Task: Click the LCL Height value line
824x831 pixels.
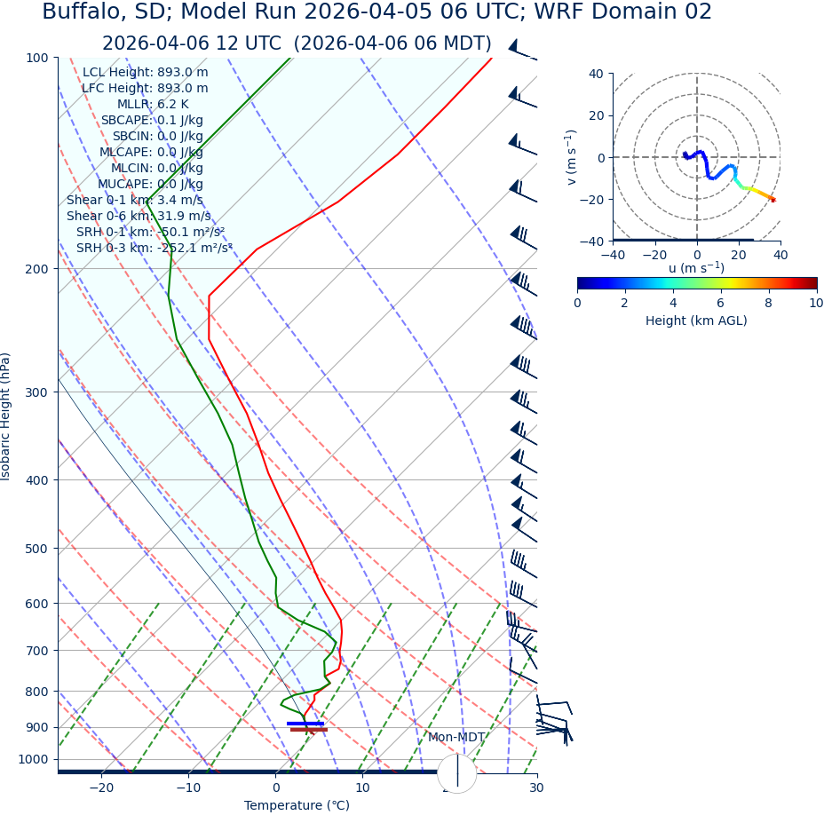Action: pyautogui.click(x=146, y=73)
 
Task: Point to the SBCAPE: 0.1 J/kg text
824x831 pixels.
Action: pyautogui.click(x=152, y=121)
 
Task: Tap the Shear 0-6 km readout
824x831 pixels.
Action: pyautogui.click(x=139, y=217)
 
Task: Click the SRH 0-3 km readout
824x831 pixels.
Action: pyautogui.click(x=154, y=249)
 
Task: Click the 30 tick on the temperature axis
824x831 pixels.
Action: pyautogui.click(x=536, y=788)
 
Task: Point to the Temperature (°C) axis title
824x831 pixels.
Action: pyautogui.click(x=297, y=806)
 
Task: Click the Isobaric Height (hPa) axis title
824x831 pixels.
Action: pyautogui.click(x=7, y=416)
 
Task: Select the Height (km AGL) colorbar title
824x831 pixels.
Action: pyautogui.click(x=696, y=321)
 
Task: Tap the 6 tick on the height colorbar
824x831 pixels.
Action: pyautogui.click(x=720, y=303)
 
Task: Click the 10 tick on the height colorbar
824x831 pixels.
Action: pyautogui.click(x=815, y=303)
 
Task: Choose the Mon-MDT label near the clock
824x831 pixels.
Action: pyautogui.click(x=456, y=738)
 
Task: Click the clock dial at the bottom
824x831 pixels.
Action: pyautogui.click(x=457, y=773)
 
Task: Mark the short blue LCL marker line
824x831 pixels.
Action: pyautogui.click(x=305, y=724)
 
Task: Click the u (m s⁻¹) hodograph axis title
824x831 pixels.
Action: pyautogui.click(x=696, y=268)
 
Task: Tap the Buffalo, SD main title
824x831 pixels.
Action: pyautogui.click(x=376, y=12)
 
